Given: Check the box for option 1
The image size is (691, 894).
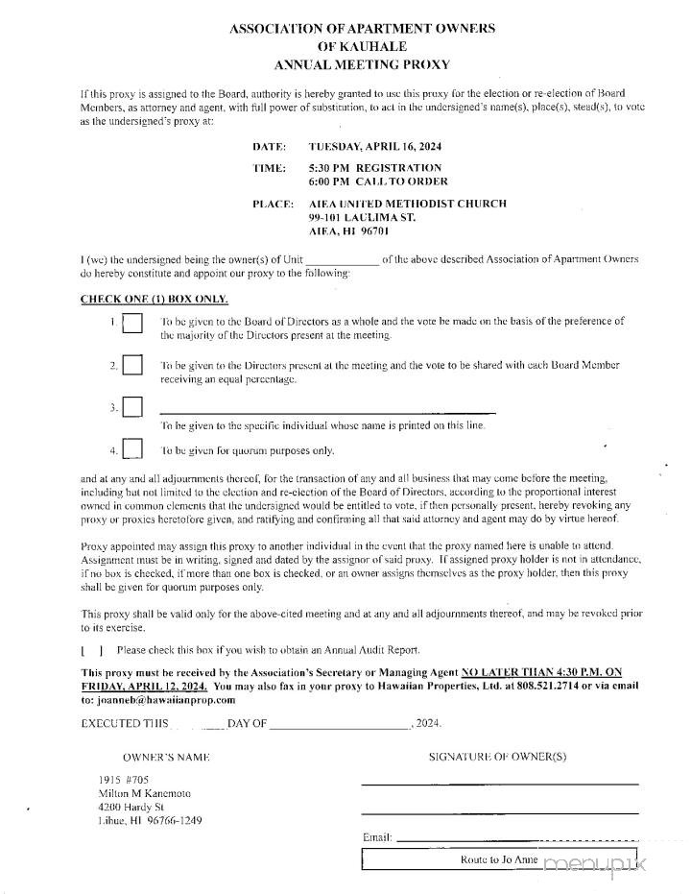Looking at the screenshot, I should pos(132,325).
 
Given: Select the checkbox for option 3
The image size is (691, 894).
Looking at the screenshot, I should pos(132,407).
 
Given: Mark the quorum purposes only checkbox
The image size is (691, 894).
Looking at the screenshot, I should pos(132,448).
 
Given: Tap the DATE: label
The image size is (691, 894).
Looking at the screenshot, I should pos(270,147).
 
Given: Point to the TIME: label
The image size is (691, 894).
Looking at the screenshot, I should pos(270,168).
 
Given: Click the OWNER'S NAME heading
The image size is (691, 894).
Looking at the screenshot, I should pos(166,757).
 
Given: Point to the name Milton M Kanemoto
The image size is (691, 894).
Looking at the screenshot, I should pos(145,794).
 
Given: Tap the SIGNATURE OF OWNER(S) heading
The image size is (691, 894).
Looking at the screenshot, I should pos(497,757).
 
